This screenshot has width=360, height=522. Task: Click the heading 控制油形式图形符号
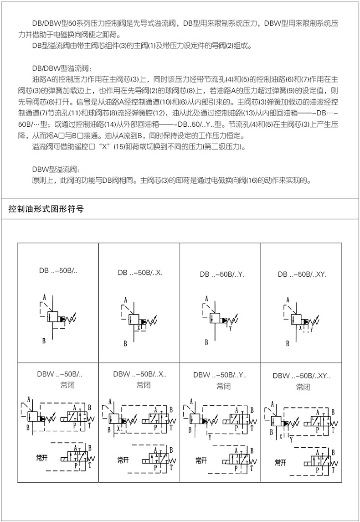click(46, 210)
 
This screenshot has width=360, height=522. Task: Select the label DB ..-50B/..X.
click(140, 273)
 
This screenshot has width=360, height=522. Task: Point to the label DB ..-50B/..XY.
click(302, 274)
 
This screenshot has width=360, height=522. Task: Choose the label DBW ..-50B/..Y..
click(220, 376)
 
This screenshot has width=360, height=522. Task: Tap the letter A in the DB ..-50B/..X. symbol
click(125, 300)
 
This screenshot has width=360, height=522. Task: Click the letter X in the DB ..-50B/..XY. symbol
click(300, 327)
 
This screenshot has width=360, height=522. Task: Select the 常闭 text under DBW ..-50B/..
click(67, 385)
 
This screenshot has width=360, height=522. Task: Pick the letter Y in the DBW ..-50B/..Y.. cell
click(210, 437)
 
